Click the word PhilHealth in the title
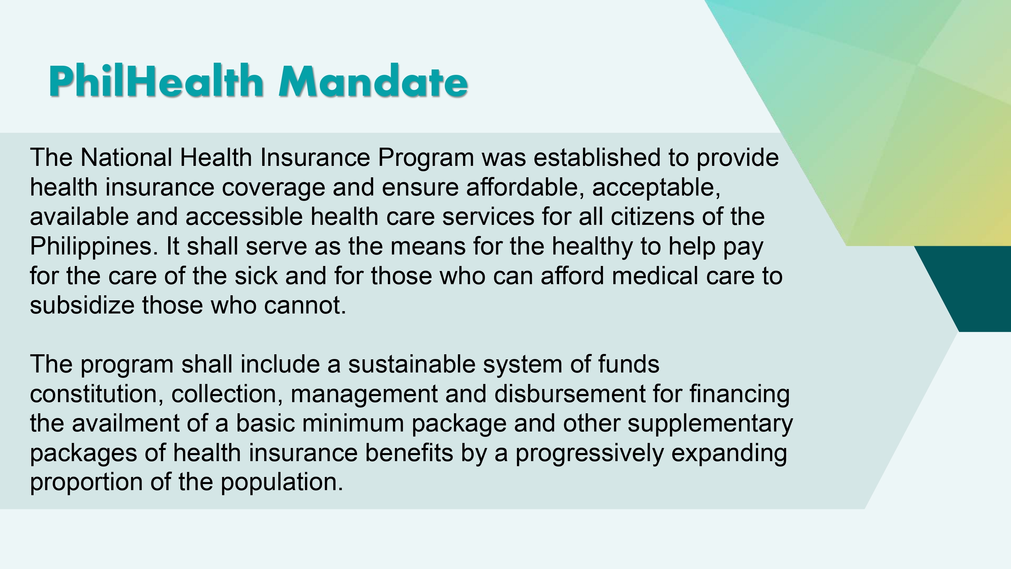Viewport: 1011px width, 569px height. click(x=156, y=81)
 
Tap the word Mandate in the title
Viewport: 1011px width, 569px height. click(x=373, y=81)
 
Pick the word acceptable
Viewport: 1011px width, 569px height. click(x=656, y=187)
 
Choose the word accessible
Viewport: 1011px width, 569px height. click(x=244, y=217)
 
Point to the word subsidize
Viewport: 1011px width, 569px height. click(x=82, y=305)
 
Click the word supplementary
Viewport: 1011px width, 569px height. click(x=710, y=424)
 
